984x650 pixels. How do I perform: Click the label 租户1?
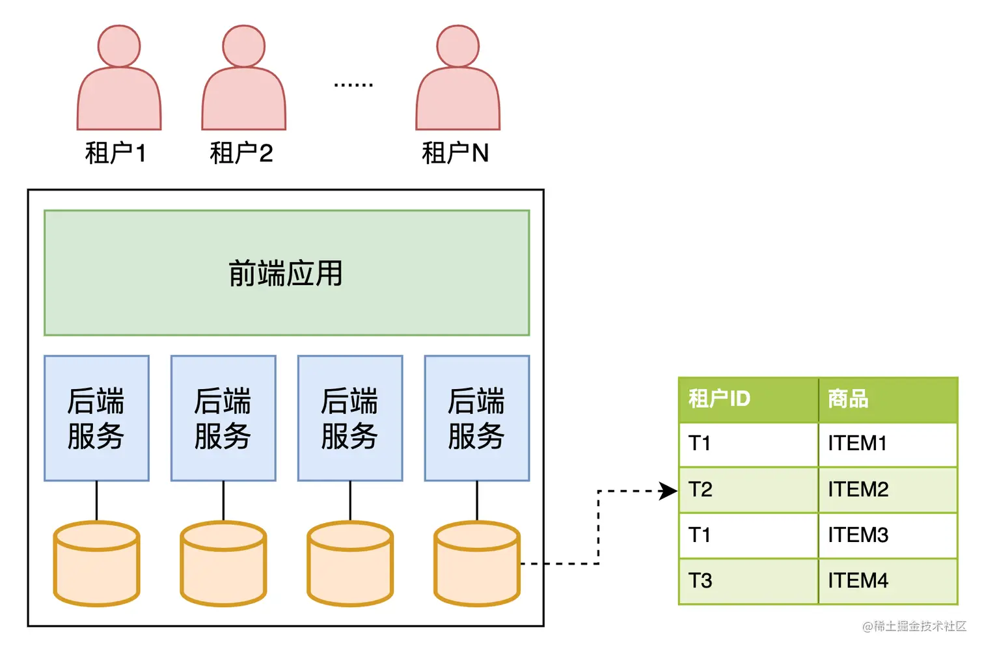(115, 154)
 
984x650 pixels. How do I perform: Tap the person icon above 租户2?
(243, 81)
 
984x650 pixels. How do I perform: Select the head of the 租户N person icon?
(458, 46)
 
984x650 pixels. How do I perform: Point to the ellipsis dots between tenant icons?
(353, 85)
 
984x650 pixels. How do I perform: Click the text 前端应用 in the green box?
(286, 273)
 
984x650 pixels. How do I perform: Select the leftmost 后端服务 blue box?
(96, 418)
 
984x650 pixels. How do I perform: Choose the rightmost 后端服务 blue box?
(476, 418)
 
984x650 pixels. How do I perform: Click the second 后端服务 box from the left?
(223, 418)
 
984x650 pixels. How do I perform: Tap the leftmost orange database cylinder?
(96, 563)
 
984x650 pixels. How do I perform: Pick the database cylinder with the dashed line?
(476, 563)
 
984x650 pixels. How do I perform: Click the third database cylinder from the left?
(350, 563)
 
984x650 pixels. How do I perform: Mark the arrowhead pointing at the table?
(668, 491)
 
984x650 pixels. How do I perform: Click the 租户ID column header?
(719, 398)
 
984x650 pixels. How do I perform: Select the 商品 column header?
(848, 398)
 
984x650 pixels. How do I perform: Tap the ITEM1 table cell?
(857, 444)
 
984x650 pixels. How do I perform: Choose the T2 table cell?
(700, 489)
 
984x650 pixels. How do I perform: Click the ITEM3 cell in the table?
(858, 535)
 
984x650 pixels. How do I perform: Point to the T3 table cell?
(700, 580)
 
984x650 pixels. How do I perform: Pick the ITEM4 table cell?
(858, 580)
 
